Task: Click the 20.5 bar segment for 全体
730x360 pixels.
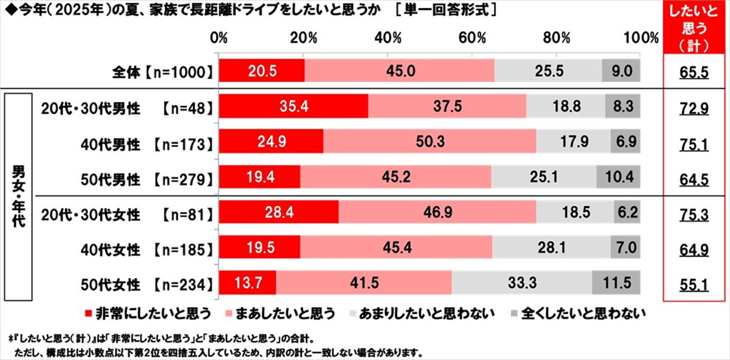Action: pos(262,71)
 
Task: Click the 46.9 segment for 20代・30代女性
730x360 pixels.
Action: pos(437,214)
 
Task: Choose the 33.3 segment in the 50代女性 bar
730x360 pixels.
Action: pos(522,283)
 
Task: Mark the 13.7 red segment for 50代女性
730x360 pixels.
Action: pos(247,283)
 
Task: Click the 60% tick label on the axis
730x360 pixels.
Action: pos(472,38)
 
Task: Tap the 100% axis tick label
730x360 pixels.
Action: pos(640,38)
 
